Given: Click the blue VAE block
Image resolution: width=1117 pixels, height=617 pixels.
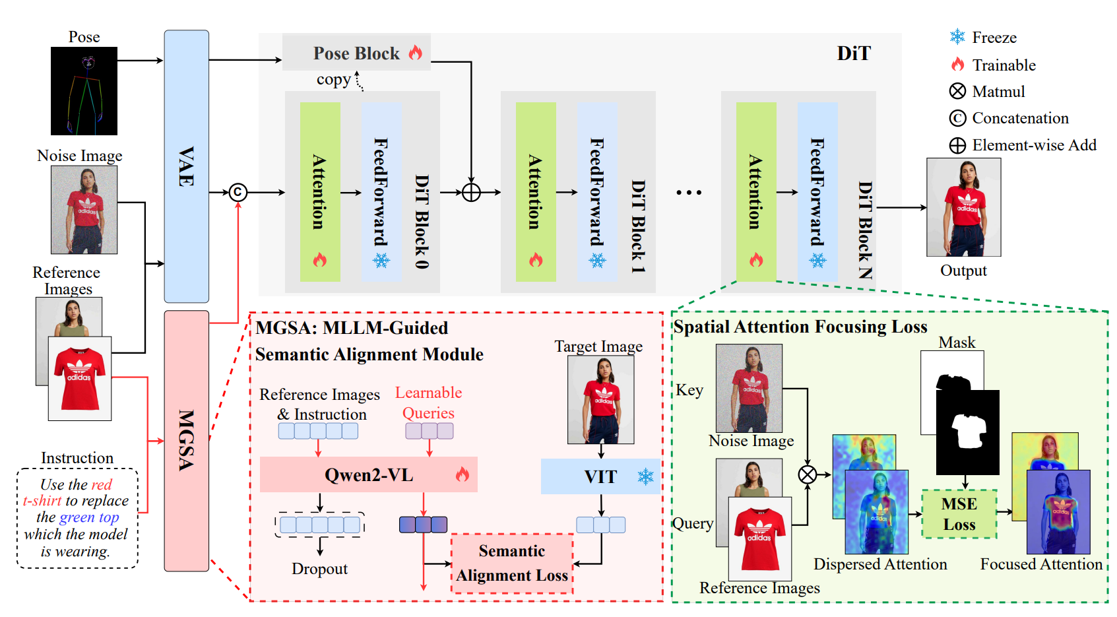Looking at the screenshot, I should (186, 166).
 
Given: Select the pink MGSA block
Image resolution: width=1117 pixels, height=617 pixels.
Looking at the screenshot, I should (186, 440).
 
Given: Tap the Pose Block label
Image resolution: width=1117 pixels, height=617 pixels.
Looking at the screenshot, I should (357, 53).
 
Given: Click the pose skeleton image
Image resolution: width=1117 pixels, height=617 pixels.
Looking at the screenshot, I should (84, 91).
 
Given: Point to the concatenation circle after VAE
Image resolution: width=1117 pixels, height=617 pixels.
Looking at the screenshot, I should (238, 192).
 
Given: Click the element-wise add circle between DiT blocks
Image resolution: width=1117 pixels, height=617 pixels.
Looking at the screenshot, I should (471, 192).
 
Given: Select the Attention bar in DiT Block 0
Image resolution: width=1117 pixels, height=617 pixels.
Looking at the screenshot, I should (320, 192).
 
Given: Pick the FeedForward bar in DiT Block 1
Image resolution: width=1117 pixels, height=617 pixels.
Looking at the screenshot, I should (597, 192).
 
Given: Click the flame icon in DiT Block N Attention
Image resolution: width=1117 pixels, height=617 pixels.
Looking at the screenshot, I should (756, 260).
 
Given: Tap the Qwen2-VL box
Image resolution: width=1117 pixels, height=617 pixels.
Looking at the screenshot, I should (368, 474).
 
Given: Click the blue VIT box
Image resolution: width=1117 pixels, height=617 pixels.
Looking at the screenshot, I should (600, 476).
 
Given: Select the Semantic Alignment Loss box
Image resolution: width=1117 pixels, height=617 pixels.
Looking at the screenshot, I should (512, 563).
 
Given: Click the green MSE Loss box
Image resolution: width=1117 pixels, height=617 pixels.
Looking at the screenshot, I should (959, 514).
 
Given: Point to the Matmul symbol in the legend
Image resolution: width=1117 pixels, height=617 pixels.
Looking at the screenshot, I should (957, 91).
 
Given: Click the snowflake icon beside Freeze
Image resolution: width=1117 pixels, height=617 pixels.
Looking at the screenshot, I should (957, 37).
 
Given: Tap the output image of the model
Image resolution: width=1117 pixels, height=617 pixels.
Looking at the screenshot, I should (963, 207).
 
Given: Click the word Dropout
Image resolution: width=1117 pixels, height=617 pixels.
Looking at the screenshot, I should (319, 569).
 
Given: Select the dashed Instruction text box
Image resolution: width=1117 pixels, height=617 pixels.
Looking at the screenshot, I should (77, 518).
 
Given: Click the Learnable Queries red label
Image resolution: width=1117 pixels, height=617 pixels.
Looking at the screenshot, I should (428, 403).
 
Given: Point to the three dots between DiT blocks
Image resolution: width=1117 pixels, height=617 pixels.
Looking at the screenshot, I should (688, 193).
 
